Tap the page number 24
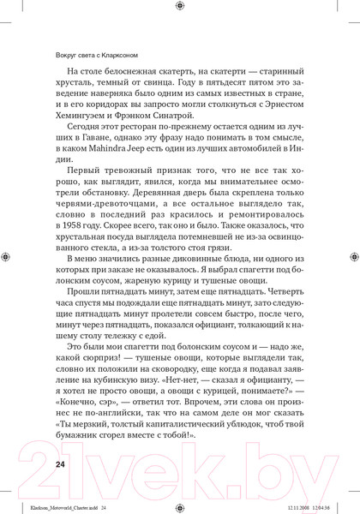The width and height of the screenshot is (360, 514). (60, 464)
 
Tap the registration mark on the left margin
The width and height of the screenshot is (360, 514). (7, 256)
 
